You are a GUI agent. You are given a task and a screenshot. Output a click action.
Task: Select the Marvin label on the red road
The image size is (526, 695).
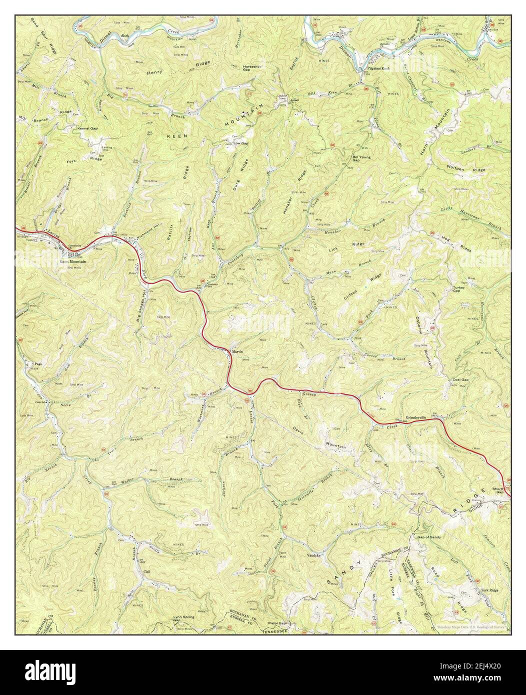pyautogui.click(x=237, y=351)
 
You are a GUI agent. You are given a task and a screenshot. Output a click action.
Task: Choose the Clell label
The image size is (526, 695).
pyautogui.click(x=146, y=571)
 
